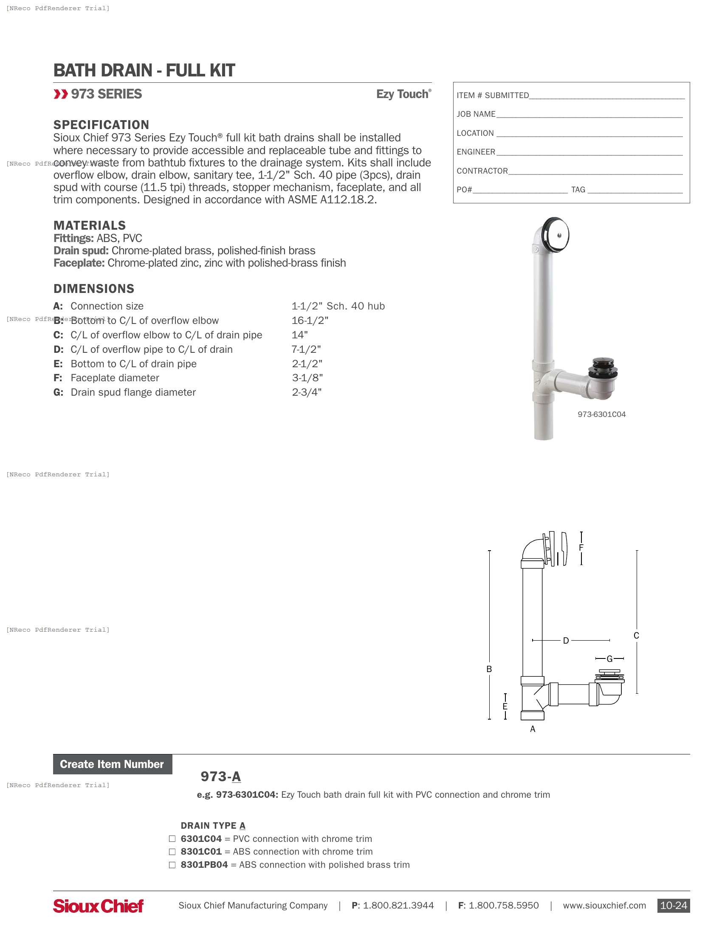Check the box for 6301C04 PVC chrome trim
tap(172, 838)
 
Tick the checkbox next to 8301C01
tap(172, 852)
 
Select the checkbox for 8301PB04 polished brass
tap(172, 865)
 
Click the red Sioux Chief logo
tap(98, 906)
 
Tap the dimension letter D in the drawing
tap(565, 641)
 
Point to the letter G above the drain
tap(609, 658)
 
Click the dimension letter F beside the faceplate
tap(581, 548)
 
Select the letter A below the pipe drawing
tap(533, 729)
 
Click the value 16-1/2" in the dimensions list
tap(310, 321)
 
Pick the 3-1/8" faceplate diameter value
tap(307, 378)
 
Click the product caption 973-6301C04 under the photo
tap(601, 414)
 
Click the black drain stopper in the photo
tap(603, 367)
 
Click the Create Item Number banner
tap(113, 764)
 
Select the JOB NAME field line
tap(589, 114)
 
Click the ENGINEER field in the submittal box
tap(589, 152)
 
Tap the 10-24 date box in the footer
tap(673, 906)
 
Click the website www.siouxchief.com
tap(604, 906)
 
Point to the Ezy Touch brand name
tap(403, 94)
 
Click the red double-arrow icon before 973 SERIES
tap(61, 94)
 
